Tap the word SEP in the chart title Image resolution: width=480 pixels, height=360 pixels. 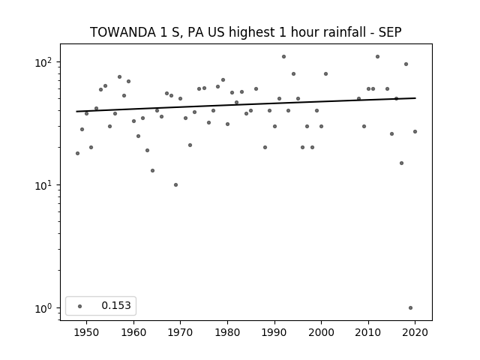[x=390, y=32]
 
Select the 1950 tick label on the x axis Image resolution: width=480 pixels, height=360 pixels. [x=86, y=332]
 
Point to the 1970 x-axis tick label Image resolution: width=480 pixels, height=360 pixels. [x=180, y=332]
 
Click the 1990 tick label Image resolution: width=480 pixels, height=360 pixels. [x=274, y=332]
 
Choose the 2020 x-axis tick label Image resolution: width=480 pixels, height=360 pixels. [x=415, y=332]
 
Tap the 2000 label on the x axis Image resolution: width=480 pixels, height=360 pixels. [x=321, y=332]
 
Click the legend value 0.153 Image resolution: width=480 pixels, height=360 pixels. [x=116, y=305]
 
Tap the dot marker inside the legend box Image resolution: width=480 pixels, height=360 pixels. [x=80, y=306]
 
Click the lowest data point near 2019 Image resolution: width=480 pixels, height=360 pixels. [x=410, y=308]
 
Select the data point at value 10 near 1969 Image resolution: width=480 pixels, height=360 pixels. [x=175, y=185]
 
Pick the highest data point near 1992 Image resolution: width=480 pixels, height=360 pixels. [x=283, y=57]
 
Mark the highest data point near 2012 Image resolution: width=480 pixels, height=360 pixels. [x=377, y=57]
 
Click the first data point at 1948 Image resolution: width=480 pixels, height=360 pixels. [x=77, y=153]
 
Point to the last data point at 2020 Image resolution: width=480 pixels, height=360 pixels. [x=415, y=132]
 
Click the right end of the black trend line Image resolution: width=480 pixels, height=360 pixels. [x=415, y=98]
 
